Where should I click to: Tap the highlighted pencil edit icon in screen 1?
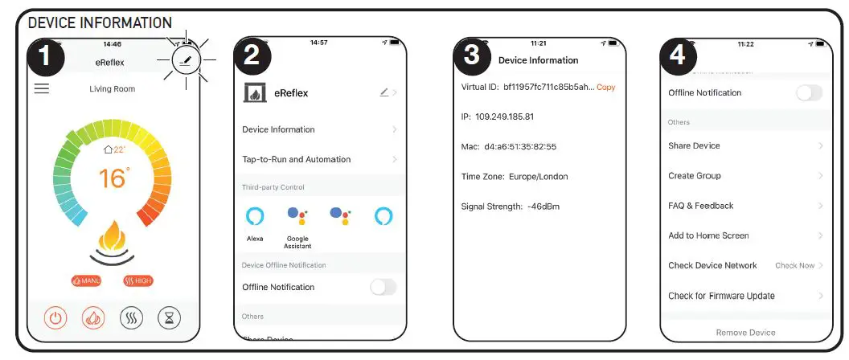187,60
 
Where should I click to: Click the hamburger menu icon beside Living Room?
41,88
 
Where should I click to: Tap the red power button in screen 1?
55,317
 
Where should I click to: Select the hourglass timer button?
170,317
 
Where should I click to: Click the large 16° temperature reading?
113,178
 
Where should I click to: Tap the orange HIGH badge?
138,280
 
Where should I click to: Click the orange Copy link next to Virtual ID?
605,87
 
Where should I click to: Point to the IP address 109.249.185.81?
505,117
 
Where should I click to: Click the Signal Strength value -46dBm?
543,207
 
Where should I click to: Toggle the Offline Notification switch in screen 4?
809,92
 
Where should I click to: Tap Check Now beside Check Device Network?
794,265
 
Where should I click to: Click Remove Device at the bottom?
745,332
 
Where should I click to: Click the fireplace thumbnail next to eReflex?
255,92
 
